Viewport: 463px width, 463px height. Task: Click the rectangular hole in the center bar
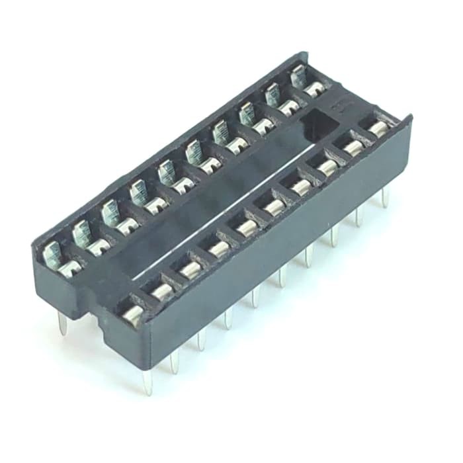319,122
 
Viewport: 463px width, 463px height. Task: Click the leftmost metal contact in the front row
132,316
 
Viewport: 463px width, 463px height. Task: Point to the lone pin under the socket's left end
62,324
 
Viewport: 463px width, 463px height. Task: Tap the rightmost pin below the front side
384,196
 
